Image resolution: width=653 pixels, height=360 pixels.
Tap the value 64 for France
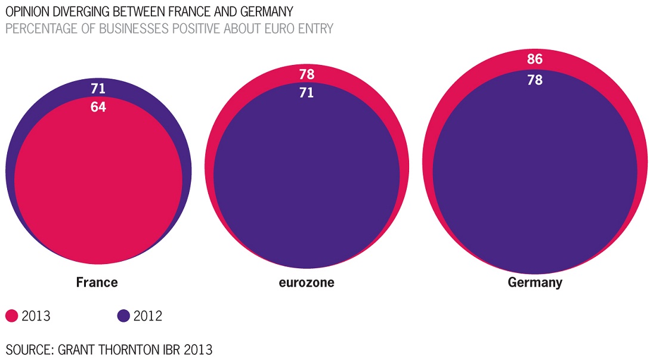pyautogui.click(x=98, y=108)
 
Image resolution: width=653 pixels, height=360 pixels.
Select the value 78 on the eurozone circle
pyautogui.click(x=307, y=75)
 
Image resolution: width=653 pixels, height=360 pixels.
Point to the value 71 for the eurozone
pyautogui.click(x=307, y=93)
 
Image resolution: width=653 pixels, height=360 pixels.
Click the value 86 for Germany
pyautogui.click(x=535, y=59)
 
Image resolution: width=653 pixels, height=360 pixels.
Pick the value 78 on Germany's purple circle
pyautogui.click(x=535, y=79)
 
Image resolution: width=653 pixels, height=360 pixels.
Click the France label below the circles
pyautogui.click(x=97, y=282)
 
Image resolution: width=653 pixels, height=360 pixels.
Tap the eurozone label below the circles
pyautogui.click(x=307, y=283)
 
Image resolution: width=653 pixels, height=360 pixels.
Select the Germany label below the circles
pyautogui.click(x=535, y=283)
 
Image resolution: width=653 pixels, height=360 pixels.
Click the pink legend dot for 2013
pyautogui.click(x=11, y=316)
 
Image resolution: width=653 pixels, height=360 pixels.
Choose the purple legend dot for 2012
pyautogui.click(x=123, y=316)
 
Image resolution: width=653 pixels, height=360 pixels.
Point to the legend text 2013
pyautogui.click(x=36, y=316)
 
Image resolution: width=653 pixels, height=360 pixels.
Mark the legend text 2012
pyautogui.click(x=148, y=316)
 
